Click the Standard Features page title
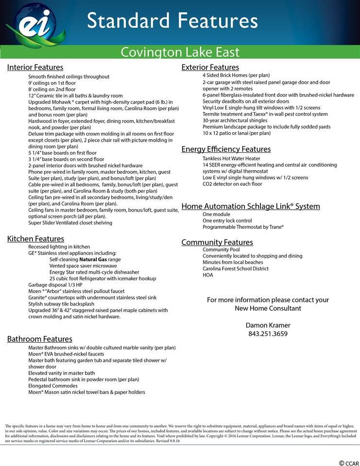[172, 21]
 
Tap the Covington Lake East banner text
[180, 51]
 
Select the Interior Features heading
[35, 67]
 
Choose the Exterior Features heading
[210, 67]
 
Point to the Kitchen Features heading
[35, 239]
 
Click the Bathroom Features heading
[39, 339]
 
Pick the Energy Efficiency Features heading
[226, 149]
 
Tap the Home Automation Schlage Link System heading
[250, 206]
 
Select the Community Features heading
[217, 242]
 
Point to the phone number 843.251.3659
[268, 333]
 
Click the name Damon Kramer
[268, 325]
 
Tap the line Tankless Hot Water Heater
[231, 159]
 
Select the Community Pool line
[221, 250]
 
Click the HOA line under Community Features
[207, 275]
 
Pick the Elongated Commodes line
[53, 386]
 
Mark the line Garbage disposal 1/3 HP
[55, 285]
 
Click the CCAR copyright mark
[348, 463]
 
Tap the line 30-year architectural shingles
[235, 120]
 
